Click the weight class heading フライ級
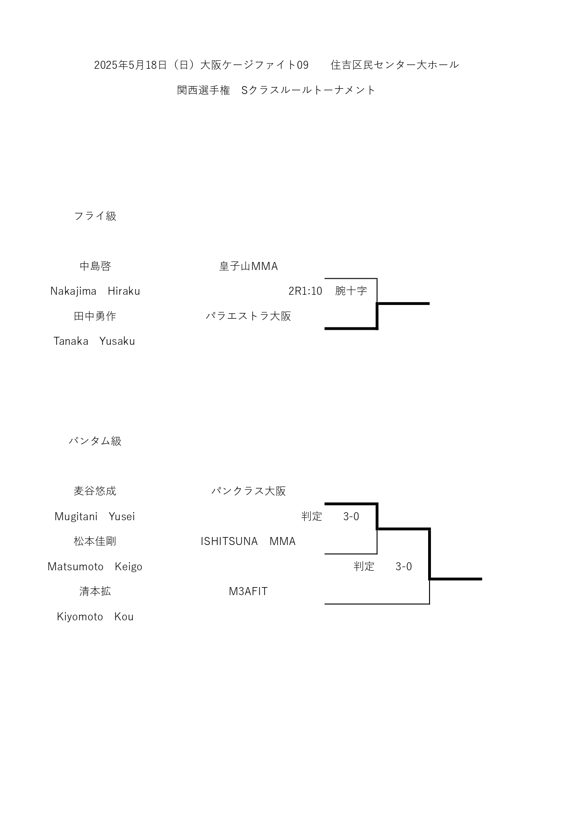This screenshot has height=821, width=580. click(95, 216)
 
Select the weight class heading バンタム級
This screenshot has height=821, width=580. click(95, 441)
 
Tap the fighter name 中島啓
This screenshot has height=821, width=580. click(95, 266)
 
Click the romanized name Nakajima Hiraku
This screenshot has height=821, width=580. click(95, 291)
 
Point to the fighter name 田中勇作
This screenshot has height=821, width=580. click(95, 316)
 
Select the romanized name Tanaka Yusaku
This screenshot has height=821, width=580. click(94, 341)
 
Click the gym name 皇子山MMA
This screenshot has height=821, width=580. click(249, 266)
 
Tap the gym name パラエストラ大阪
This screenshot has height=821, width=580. click(248, 316)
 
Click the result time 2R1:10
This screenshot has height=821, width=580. click(305, 291)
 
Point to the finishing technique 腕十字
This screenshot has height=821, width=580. click(351, 291)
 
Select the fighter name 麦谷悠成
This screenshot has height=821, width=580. click(95, 491)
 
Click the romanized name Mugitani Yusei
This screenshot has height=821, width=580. click(95, 516)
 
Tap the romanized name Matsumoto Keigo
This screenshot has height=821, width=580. click(95, 567)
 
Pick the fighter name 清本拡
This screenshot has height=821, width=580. click(95, 591)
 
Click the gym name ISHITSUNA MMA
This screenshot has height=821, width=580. click(248, 541)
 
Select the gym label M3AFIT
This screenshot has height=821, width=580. click(248, 591)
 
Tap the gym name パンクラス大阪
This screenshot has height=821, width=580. click(248, 491)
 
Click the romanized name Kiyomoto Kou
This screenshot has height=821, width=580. click(95, 617)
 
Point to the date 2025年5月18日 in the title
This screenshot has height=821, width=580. click(130, 65)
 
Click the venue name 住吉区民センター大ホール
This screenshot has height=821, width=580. click(395, 65)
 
